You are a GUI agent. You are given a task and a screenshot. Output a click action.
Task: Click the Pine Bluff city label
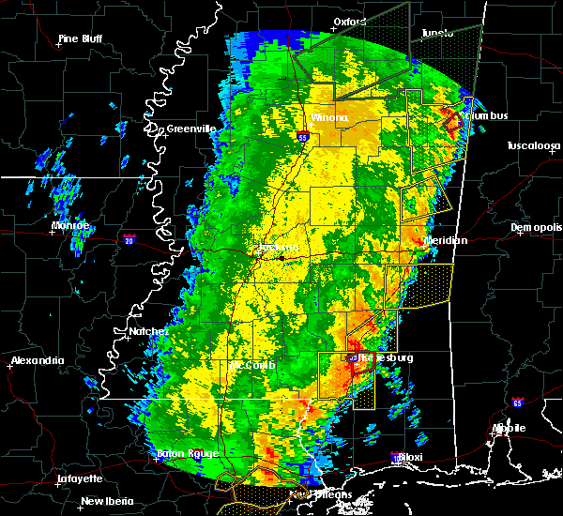(80, 38)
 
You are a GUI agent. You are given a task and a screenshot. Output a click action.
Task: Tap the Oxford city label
(349, 21)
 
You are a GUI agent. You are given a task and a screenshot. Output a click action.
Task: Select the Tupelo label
(436, 32)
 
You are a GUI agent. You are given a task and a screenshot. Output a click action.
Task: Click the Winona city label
(328, 118)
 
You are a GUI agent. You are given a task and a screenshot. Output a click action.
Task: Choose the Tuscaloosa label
(533, 146)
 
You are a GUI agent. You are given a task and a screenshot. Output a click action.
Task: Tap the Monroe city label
(70, 226)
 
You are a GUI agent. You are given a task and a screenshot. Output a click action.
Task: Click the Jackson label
(270, 248)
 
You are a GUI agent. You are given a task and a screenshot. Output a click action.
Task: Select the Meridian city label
(446, 240)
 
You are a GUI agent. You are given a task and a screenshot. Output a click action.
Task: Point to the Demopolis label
(535, 228)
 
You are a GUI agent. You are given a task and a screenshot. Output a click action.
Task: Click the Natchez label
(149, 331)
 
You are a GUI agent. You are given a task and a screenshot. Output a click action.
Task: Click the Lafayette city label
(80, 478)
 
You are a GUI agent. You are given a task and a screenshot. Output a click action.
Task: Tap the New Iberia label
(105, 501)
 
